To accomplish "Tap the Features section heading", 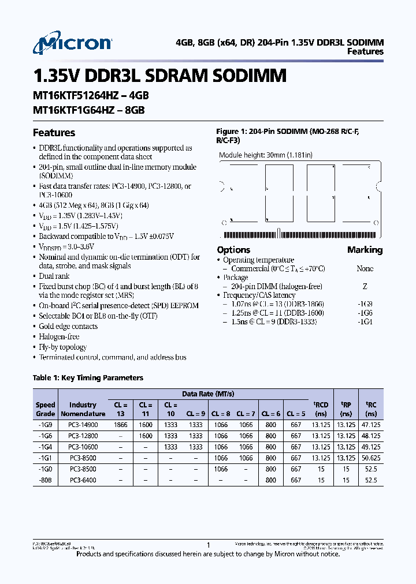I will [x=54, y=133].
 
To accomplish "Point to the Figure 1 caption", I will [x=287, y=136].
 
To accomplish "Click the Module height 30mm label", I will [x=265, y=155].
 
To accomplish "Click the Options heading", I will [x=233, y=250].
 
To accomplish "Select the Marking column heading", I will [x=365, y=250].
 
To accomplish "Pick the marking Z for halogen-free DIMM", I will [x=365, y=286].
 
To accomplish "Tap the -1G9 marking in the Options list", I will [x=365, y=304].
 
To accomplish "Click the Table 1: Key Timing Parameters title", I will [x=88, y=378].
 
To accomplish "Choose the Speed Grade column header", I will [x=46, y=409].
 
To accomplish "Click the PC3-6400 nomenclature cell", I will [x=83, y=480].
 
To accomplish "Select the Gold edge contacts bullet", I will [x=68, y=327].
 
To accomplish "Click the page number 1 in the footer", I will [x=208, y=545].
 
